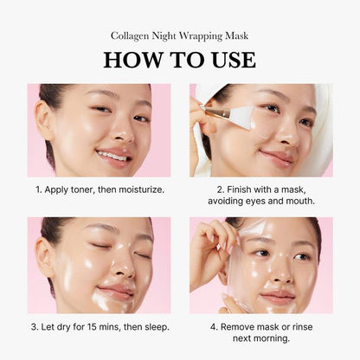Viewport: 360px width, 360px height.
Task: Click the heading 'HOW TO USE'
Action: coord(179,60)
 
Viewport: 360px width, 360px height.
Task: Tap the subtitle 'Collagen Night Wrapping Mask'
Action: coord(179,35)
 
